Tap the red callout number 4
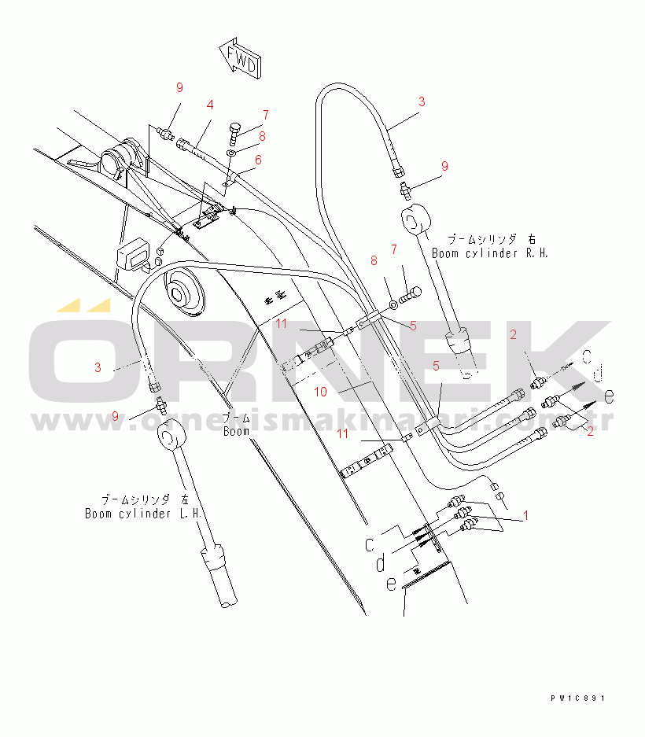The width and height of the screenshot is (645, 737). click(210, 105)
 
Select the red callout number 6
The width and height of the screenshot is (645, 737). click(258, 160)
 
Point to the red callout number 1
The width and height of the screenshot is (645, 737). click(525, 516)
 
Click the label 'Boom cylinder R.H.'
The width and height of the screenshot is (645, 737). click(489, 253)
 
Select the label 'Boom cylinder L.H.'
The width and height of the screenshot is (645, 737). click(144, 514)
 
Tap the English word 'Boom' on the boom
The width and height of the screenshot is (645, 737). click(236, 431)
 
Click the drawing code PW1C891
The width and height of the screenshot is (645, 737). click(579, 698)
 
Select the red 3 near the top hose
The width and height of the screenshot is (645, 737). click(422, 101)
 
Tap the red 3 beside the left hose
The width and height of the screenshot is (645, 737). click(98, 367)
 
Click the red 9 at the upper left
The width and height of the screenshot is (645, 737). click(179, 87)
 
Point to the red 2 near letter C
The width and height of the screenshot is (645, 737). click(513, 335)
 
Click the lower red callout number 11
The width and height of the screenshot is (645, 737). click(343, 433)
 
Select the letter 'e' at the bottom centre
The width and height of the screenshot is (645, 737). click(391, 583)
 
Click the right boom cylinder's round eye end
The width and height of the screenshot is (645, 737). click(417, 219)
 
